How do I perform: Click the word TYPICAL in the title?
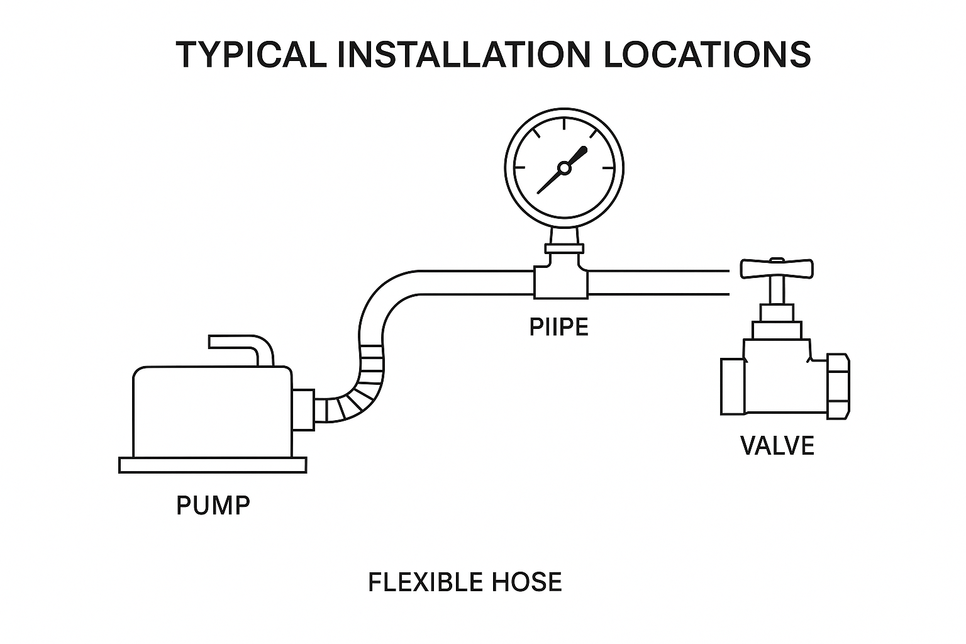click(251, 55)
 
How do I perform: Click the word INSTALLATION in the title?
click(464, 55)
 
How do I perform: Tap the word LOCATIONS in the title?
click(707, 55)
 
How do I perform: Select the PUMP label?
click(213, 505)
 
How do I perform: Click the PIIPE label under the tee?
click(559, 327)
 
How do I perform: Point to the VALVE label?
click(777, 445)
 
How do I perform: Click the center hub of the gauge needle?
click(564, 168)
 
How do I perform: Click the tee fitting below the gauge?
click(561, 281)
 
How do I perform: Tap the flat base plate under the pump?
click(213, 465)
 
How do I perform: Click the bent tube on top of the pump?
click(242, 347)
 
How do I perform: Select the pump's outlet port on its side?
click(304, 409)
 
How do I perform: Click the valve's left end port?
click(732, 386)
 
